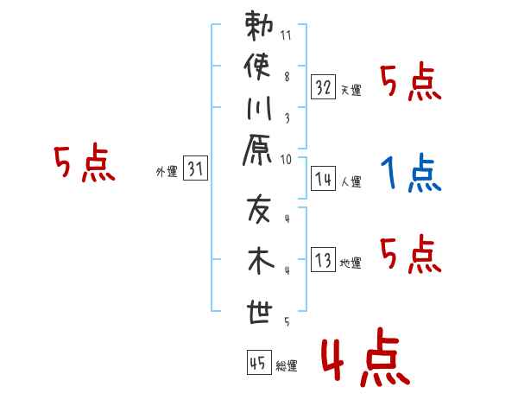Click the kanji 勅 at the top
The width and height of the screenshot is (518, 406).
[x=258, y=27]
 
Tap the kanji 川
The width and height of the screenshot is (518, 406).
[x=258, y=109]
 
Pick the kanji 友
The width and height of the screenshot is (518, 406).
[x=258, y=208]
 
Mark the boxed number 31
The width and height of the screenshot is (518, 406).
[x=195, y=169]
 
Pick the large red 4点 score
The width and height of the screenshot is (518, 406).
[x=363, y=359]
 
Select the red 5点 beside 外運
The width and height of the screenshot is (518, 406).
[x=84, y=164]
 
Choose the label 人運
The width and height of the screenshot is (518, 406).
[x=351, y=182]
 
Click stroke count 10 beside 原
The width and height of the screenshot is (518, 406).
[x=287, y=159]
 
